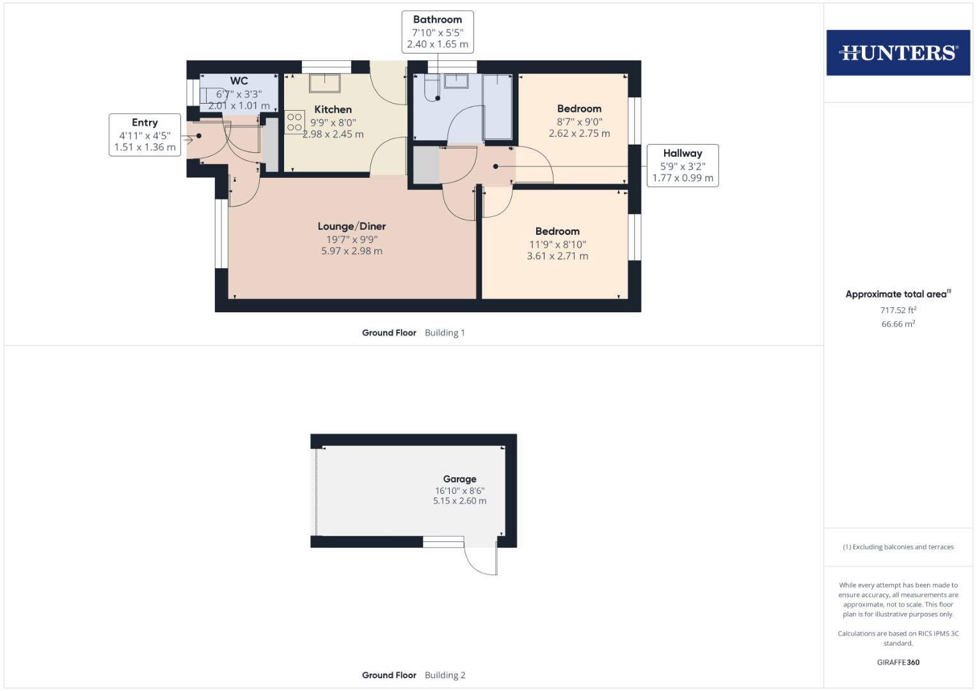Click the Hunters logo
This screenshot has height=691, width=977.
(898, 52)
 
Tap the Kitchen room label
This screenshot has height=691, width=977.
(333, 109)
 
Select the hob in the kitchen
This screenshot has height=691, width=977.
(294, 122)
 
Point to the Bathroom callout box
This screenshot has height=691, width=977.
(438, 32)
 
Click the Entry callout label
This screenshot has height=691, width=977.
(145, 134)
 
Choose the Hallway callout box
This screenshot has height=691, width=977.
(682, 166)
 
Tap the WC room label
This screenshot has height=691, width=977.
(239, 81)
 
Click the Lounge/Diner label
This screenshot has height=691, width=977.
(351, 226)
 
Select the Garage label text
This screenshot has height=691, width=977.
(459, 479)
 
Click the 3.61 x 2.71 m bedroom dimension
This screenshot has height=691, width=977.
(557, 256)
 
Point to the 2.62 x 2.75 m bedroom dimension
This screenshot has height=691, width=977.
(579, 134)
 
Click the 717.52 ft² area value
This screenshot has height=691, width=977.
(898, 310)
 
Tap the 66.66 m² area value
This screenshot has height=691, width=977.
(898, 324)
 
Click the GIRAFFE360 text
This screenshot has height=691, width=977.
(898, 662)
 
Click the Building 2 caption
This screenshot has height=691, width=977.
(445, 675)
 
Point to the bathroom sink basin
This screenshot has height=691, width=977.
(457, 81)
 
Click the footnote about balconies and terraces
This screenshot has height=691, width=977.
(898, 547)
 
